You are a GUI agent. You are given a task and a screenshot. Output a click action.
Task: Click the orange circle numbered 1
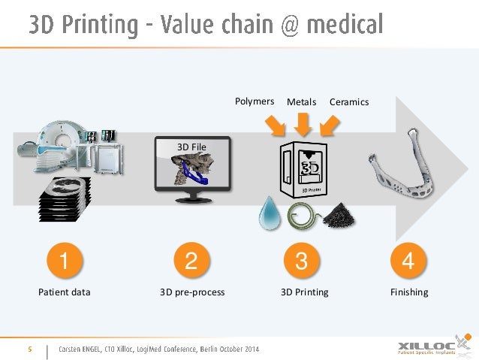[x=64, y=262]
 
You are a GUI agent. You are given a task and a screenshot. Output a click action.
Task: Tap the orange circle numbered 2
[x=191, y=262]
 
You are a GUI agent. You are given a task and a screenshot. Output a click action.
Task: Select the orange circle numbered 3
[x=302, y=262]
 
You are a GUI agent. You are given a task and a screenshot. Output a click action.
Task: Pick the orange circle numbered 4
[x=408, y=262]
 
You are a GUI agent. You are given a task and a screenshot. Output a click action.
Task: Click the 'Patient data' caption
[x=65, y=292]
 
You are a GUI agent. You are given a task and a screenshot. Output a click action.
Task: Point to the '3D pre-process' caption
[x=192, y=292]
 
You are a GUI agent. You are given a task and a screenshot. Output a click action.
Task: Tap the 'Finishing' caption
[x=409, y=292]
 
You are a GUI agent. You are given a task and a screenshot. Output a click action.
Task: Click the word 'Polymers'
[x=255, y=101]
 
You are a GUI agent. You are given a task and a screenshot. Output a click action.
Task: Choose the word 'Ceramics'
[x=349, y=101]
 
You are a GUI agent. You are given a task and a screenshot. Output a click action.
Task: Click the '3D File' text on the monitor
[x=191, y=147]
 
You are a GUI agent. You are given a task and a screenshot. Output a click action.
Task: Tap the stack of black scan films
[x=63, y=196]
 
